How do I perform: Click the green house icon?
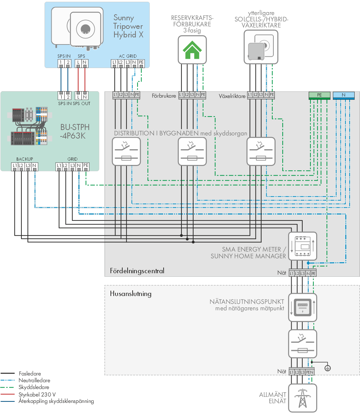192,50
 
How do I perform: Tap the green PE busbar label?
319,95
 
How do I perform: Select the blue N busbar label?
344,95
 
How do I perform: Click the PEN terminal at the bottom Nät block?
310,372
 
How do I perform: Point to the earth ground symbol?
328,368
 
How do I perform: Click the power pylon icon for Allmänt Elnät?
303,398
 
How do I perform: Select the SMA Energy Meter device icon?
303,246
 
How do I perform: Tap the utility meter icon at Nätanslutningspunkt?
303,307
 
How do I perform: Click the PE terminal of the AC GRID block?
141,63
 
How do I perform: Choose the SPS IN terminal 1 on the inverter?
61,63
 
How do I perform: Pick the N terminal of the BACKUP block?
35,166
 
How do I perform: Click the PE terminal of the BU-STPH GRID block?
86,166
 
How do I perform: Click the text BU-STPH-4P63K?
74,131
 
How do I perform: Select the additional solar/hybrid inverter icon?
261,47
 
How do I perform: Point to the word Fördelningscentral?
137,271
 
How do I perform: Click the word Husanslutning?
131,294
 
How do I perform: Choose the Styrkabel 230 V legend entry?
37,394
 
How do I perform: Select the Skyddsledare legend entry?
34,387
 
